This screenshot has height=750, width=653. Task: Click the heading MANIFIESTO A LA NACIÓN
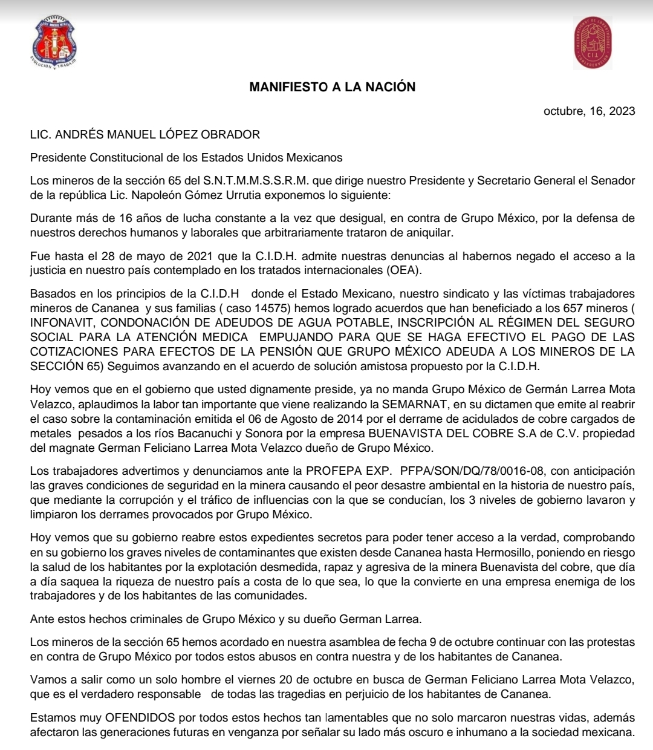point(332,87)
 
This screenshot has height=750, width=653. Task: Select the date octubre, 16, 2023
point(589,111)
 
